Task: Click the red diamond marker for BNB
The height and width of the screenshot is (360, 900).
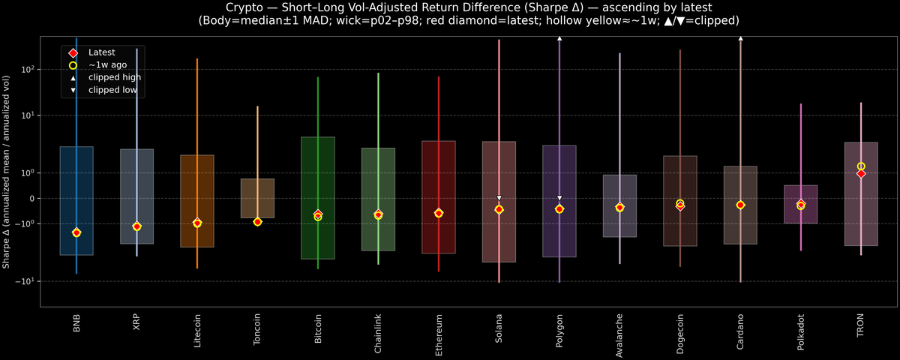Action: click(x=76, y=232)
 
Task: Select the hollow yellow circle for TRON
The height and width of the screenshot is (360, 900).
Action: click(x=861, y=166)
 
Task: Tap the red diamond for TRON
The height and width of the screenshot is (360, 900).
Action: click(x=861, y=173)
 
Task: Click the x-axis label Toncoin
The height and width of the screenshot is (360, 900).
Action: click(x=257, y=331)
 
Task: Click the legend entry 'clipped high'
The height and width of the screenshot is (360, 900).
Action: click(x=114, y=77)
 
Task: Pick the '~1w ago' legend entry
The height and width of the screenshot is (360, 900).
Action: click(x=107, y=65)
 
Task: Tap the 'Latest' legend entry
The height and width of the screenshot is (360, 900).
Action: click(x=102, y=52)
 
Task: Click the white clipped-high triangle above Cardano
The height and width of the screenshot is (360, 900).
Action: click(x=740, y=37)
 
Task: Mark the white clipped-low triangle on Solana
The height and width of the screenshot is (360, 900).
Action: click(x=499, y=198)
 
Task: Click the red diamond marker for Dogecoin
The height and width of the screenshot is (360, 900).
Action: click(x=680, y=205)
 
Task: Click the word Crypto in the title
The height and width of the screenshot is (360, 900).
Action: click(x=226, y=7)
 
